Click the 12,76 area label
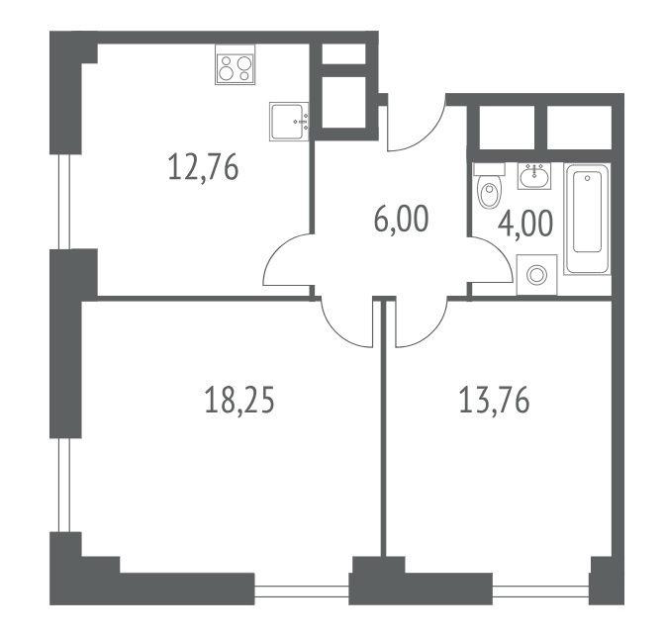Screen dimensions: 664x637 203,167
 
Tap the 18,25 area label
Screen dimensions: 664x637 239,401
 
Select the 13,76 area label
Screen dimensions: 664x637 494,401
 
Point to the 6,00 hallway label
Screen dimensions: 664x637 402,220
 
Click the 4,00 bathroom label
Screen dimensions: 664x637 525,224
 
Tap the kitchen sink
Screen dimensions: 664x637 289,122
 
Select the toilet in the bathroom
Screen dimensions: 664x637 489,186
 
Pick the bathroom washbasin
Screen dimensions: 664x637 533,176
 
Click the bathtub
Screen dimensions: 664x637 587,220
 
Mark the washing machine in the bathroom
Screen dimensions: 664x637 537,275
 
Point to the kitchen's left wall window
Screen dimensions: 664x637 64,201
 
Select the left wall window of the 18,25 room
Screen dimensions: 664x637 64,485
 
